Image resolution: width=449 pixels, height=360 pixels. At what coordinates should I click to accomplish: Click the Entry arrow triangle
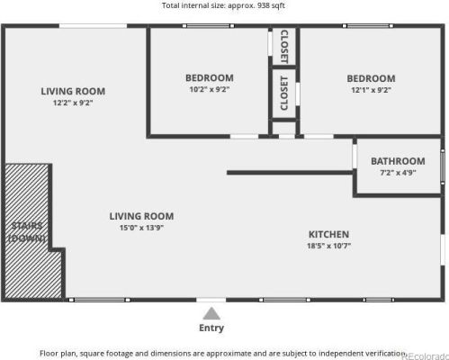pos(211,289)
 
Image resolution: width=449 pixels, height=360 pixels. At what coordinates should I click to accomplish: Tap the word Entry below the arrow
pos(211,303)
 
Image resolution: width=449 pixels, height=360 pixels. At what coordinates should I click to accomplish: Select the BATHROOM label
pos(398,161)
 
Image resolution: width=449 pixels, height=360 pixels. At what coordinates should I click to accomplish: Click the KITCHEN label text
pos(328,234)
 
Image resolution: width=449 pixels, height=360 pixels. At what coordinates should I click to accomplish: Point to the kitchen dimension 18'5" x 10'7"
pos(328,246)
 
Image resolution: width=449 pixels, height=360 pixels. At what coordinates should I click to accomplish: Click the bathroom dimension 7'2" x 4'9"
pos(398,173)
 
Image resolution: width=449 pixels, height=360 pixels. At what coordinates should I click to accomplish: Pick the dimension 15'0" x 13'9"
pos(141,228)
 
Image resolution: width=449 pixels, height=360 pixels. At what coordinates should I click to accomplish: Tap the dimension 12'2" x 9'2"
pos(73,103)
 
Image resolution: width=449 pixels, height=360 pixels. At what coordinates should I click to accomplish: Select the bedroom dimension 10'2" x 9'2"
pos(210,90)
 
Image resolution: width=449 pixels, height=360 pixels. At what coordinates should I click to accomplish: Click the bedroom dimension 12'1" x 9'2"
pos(371,90)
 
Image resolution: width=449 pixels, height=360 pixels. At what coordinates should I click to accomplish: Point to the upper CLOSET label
pos(284,46)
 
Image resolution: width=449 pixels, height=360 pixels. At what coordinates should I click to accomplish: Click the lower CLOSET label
pos(284,93)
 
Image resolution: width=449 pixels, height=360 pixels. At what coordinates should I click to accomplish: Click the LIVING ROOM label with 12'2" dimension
pos(73,91)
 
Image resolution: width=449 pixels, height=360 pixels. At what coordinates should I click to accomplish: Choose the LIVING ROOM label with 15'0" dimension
pos(141,216)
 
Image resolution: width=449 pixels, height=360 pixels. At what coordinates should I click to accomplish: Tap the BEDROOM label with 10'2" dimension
pos(210,78)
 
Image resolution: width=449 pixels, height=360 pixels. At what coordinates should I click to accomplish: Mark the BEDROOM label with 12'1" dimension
pos(371,78)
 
